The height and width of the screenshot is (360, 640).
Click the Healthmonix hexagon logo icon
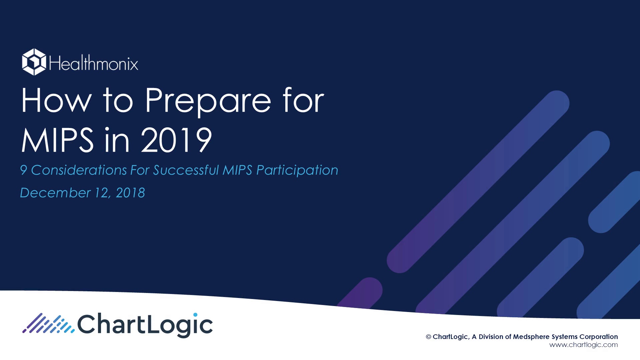tap(34, 62)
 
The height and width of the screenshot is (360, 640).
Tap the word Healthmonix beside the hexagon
tap(94, 63)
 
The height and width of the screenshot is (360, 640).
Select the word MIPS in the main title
tap(57, 140)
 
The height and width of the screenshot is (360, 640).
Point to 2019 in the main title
tap(176, 140)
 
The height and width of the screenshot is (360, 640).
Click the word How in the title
tap(56, 100)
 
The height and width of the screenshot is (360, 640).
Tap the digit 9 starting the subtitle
tap(23, 170)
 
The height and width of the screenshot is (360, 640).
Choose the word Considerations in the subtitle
tap(79, 170)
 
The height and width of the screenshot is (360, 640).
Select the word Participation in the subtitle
tap(297, 171)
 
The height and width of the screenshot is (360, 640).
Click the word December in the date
tap(55, 193)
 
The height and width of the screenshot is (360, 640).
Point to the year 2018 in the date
tap(130, 193)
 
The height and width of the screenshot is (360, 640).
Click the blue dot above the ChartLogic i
tap(195, 315)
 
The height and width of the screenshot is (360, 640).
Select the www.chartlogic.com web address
tap(583, 345)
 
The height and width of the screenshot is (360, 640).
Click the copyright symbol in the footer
tap(428, 337)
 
